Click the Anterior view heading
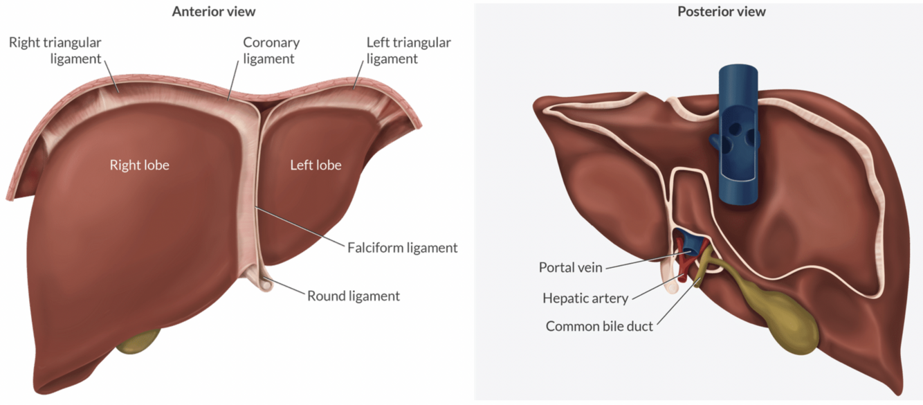214,12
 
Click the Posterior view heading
722,12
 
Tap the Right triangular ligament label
55,51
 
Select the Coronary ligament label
271,51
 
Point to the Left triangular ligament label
408,51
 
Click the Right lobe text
139,165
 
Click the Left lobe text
316,165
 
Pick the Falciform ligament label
402,247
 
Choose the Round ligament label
354,296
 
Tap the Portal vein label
571,268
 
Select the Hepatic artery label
585,298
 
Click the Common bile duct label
599,326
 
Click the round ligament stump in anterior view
265,282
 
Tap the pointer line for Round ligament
287,289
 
